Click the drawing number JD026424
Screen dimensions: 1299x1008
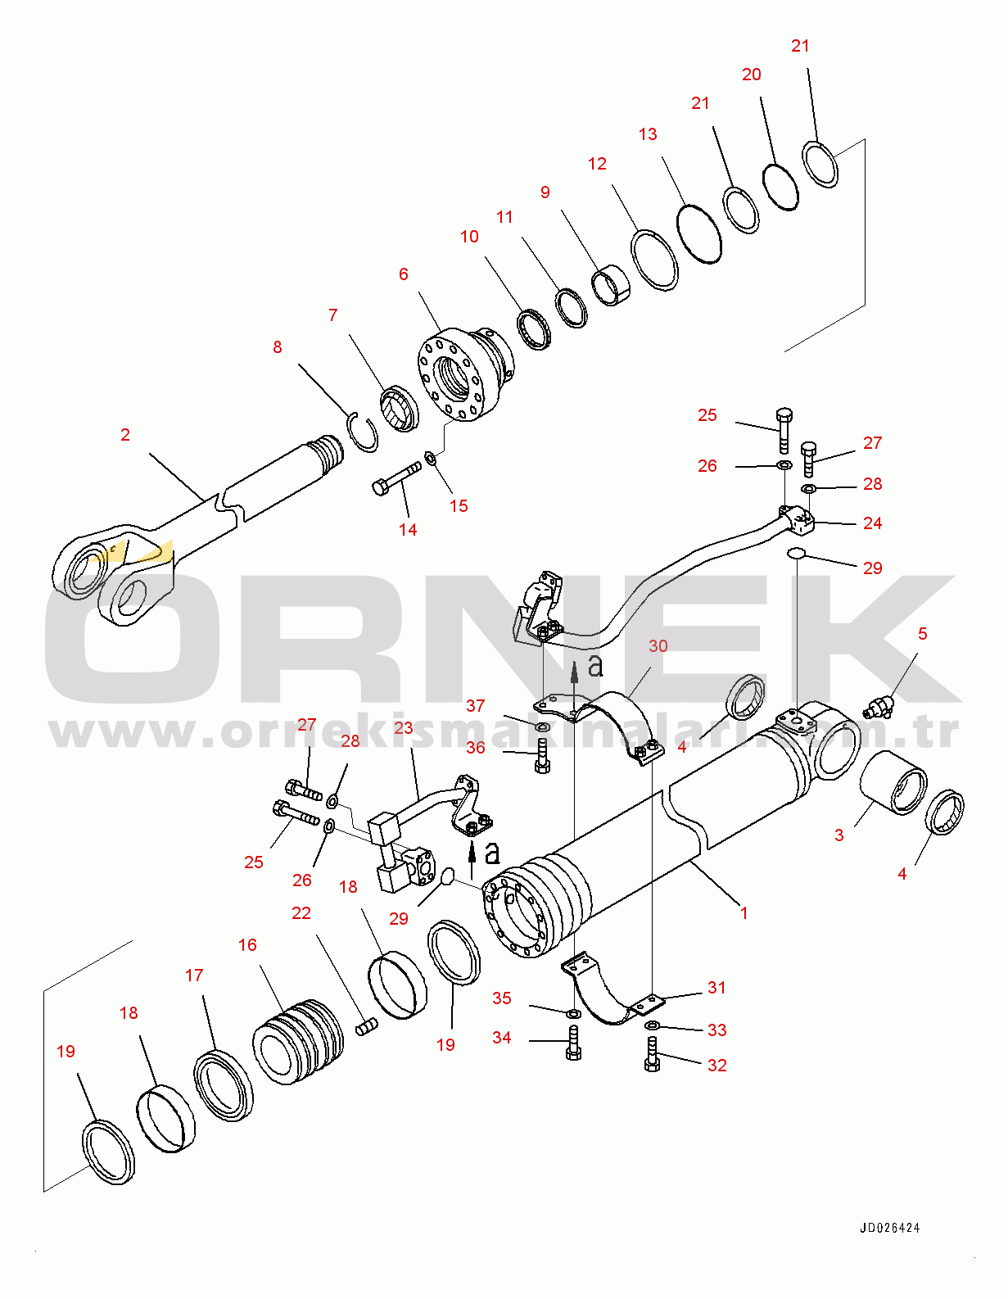click(889, 1228)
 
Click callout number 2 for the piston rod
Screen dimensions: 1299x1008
click(125, 435)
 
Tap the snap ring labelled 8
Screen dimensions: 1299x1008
click(363, 432)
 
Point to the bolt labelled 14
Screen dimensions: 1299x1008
click(396, 478)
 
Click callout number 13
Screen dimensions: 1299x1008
click(648, 134)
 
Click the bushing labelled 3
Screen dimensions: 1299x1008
click(892, 783)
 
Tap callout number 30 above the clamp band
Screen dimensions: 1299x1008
click(658, 646)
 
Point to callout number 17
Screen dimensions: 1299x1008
click(194, 975)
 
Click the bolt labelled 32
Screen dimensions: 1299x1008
click(653, 1055)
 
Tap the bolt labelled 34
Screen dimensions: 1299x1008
click(573, 1044)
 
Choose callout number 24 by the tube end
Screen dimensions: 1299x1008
click(873, 523)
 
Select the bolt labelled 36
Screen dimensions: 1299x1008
click(542, 755)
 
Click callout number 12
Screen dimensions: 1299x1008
click(597, 164)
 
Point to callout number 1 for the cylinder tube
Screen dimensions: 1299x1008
click(744, 912)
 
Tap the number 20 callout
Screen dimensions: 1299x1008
click(752, 75)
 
